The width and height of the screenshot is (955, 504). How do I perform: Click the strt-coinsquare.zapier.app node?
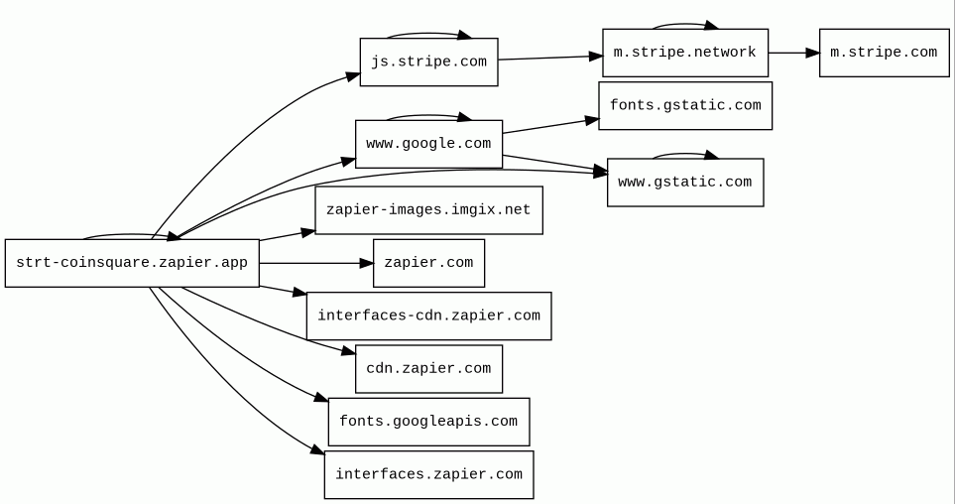pos(132,263)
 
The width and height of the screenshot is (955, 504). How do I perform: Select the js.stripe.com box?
pos(428,62)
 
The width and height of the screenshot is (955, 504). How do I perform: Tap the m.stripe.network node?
pos(684,53)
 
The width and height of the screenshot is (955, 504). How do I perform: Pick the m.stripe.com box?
pos(883,53)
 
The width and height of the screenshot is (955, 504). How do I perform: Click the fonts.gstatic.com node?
pos(684,105)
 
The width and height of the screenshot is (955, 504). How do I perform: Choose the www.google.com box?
pos(428,144)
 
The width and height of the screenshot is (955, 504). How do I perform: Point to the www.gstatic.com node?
pos(684,183)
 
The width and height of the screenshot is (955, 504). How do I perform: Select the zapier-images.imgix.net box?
pos(428,210)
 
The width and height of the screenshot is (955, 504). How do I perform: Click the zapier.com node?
pos(428,263)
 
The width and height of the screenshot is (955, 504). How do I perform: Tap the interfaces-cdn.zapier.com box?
pos(428,315)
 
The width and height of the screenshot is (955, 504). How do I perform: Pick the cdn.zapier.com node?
pos(428,369)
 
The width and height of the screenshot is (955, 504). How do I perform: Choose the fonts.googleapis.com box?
pos(428,422)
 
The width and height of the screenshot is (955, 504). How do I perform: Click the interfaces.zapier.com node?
pos(428,474)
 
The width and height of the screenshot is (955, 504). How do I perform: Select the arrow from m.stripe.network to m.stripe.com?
pos(793,53)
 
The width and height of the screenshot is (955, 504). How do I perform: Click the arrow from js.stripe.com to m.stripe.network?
pos(550,58)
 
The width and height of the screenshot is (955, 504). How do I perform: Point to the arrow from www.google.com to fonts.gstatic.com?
pos(550,126)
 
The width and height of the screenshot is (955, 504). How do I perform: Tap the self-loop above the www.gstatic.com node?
pos(684,154)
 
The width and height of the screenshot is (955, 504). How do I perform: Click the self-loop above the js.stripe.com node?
pos(428,34)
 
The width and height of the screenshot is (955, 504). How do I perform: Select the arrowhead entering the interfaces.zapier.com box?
pos(317,450)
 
